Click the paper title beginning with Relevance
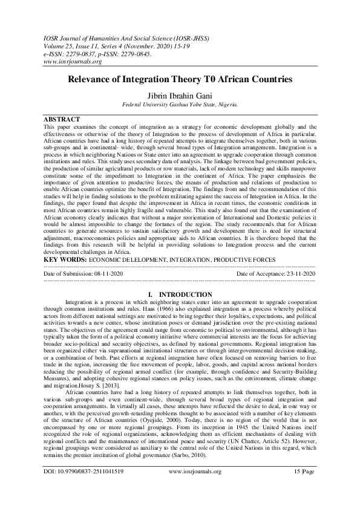(180, 80)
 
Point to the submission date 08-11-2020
(104, 274)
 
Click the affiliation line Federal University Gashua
(180, 104)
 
